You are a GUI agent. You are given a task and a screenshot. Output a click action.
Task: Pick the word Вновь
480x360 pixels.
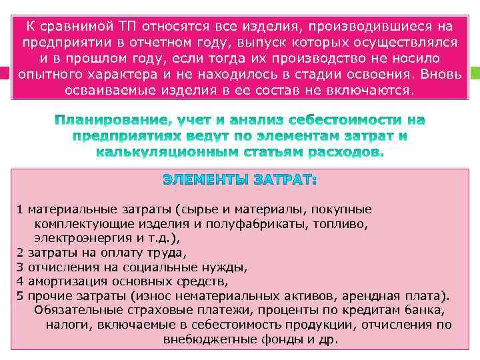coord(437,73)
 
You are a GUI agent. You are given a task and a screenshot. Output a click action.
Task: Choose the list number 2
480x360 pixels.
coord(20,253)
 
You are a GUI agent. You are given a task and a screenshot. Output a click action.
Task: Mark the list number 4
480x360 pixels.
coord(20,281)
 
